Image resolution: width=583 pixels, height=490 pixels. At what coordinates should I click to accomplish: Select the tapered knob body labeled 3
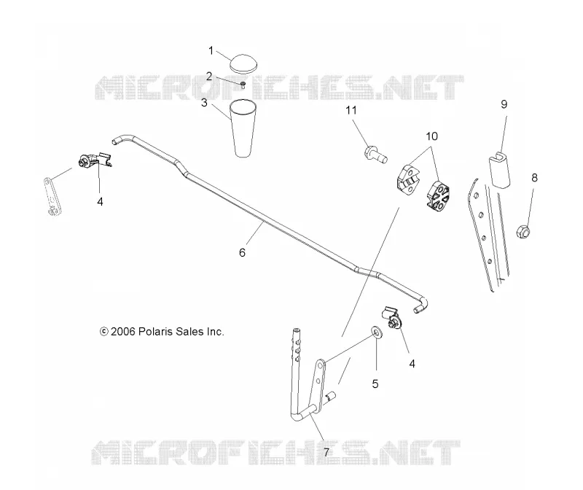point(243,128)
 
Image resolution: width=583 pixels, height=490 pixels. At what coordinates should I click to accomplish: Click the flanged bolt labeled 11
point(375,155)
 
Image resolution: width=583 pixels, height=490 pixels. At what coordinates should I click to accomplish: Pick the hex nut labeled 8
point(523,231)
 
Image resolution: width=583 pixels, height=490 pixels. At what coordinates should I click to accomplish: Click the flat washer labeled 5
point(377,332)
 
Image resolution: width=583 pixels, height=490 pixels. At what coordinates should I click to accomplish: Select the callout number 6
point(242,252)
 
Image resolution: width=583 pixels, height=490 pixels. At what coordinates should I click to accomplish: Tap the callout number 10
point(431,136)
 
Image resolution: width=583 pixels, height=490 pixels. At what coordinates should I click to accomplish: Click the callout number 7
point(326,452)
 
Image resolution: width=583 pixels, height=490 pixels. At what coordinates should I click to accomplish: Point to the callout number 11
point(351,110)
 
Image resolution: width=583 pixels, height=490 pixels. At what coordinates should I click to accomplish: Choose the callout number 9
point(504,104)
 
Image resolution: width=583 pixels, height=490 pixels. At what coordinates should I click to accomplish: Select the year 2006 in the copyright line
point(122,332)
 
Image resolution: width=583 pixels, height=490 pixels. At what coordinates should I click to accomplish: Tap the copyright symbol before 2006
point(103,332)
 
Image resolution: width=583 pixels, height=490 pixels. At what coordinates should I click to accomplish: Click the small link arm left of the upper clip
point(52,197)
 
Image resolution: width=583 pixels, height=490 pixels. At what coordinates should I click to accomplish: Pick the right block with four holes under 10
point(438,195)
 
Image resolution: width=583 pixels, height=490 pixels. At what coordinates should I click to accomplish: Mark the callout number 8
point(534,178)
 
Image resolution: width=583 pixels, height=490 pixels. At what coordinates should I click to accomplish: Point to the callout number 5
point(375,384)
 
